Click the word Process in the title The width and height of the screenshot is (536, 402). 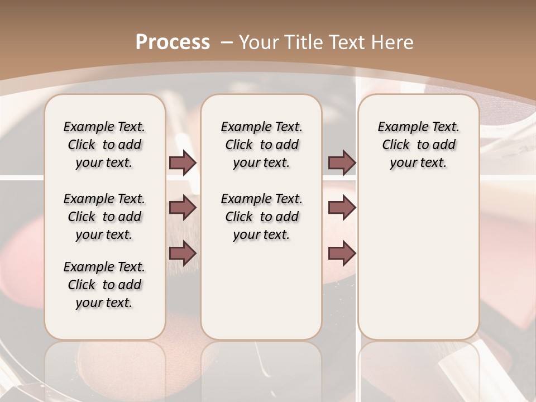coord(173,42)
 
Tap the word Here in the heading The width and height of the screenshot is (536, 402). coord(394,42)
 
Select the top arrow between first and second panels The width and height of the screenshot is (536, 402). coord(183,162)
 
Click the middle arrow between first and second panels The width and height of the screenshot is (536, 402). coord(183,208)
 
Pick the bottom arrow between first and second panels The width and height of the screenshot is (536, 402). coord(183,253)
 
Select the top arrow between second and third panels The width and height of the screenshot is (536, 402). coord(342,162)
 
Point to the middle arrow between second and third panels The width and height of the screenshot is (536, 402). coord(342,208)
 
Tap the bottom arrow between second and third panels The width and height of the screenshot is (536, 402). coord(342,253)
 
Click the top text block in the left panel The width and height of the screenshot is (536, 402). coord(104,145)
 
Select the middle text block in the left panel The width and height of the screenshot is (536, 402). coord(104,217)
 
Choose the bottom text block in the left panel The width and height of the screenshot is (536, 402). coord(104,285)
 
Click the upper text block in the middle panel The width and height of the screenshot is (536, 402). coord(261,145)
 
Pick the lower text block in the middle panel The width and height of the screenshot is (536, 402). coord(261,217)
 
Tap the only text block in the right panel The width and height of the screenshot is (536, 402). coord(418,145)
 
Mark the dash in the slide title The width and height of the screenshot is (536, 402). coord(227,42)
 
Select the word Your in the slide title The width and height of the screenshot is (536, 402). coord(260,42)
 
